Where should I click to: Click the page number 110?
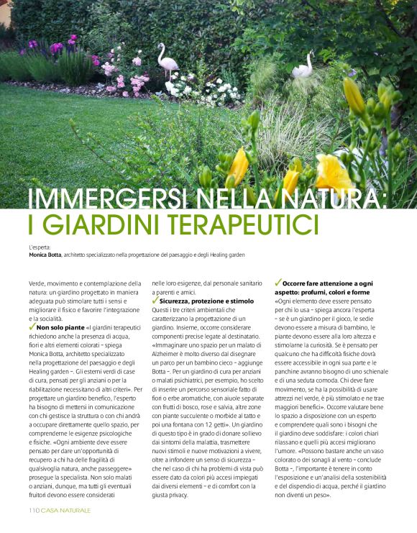[33, 510]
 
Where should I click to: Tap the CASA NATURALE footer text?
[65, 510]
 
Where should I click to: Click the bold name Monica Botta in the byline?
[45, 255]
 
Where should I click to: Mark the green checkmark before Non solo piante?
[32, 326]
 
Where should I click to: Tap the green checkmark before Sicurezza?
[155, 300]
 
